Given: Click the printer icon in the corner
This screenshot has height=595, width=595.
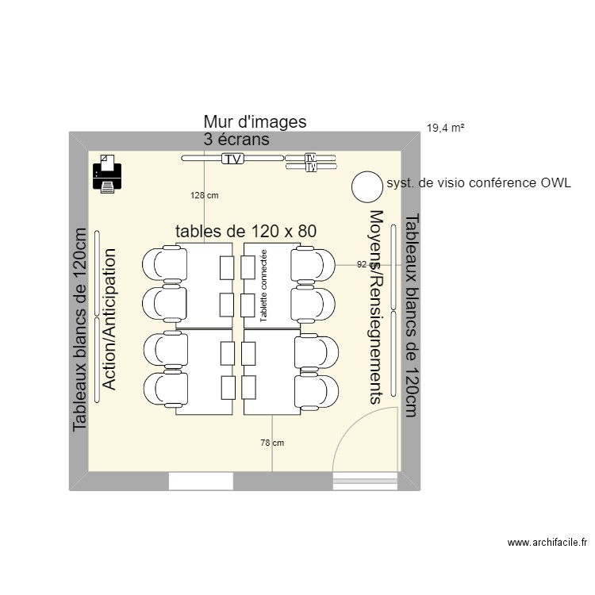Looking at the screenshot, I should (107, 174).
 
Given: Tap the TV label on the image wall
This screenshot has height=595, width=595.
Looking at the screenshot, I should (232, 159).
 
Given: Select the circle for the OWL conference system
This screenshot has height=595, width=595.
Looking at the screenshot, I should (367, 186).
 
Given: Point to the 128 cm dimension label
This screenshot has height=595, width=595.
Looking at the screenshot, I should (204, 194).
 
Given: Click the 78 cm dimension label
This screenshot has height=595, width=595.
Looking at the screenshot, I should (272, 443).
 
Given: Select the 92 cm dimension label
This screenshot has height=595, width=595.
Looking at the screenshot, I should (367, 265).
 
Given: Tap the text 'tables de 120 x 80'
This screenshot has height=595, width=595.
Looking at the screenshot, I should (246, 231).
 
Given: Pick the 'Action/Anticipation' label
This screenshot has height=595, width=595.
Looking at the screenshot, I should (109, 319).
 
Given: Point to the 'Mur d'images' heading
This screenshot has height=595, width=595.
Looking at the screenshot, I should (255, 121).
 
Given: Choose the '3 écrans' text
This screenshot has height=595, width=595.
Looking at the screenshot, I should (236, 140).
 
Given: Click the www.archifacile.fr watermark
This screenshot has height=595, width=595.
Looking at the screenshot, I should (547, 543).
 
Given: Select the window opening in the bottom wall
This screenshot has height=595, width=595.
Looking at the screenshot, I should (201, 481).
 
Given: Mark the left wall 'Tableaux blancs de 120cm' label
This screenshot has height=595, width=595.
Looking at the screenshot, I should (79, 329).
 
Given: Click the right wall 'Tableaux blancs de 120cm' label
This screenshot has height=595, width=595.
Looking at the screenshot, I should (410, 314).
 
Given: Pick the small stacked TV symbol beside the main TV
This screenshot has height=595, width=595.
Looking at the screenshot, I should (311, 163).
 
